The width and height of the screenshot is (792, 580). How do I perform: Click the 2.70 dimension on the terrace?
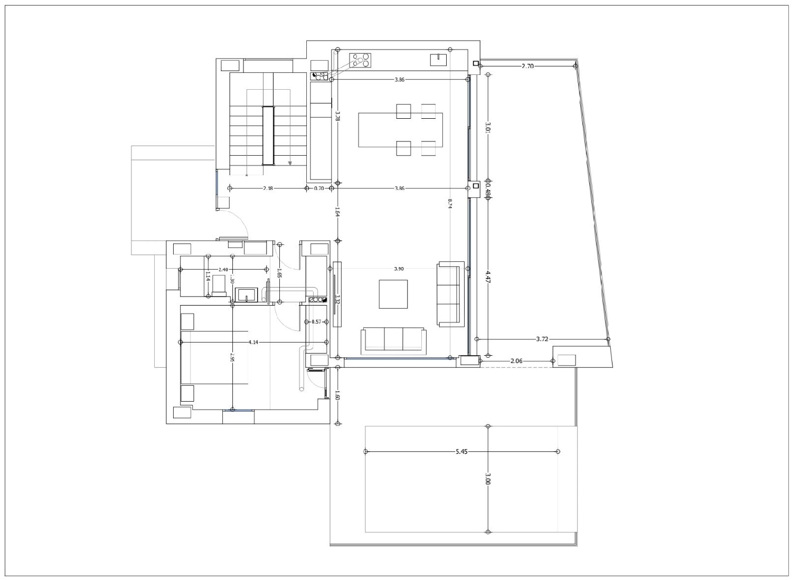coord(527,66)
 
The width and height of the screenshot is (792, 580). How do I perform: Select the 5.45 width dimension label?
coord(461,452)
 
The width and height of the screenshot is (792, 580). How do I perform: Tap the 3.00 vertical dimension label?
coord(487,479)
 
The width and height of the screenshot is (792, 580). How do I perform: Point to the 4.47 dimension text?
coord(487,277)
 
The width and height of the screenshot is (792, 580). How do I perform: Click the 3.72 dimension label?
coord(542,339)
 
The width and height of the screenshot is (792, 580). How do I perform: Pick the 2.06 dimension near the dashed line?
coord(516,361)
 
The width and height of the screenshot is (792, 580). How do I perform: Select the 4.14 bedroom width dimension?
coord(253,343)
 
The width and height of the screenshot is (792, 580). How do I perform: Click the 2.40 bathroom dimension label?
coord(223,270)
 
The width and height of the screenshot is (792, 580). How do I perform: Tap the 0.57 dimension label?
coord(316,322)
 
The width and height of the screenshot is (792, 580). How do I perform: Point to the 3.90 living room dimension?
coord(399,269)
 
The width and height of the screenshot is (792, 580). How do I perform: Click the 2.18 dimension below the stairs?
coord(268,188)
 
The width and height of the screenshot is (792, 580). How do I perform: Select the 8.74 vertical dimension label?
coord(450,204)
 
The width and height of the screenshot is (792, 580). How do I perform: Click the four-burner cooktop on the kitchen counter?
coord(362,61)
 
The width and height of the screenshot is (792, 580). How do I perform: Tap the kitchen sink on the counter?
coord(439,59)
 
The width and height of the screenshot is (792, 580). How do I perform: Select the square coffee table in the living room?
coord(393,294)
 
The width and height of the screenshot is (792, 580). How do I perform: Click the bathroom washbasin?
coord(246,294)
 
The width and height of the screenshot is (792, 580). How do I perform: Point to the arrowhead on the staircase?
coord(290,163)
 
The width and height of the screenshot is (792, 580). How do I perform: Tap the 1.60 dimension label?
coord(337,397)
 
